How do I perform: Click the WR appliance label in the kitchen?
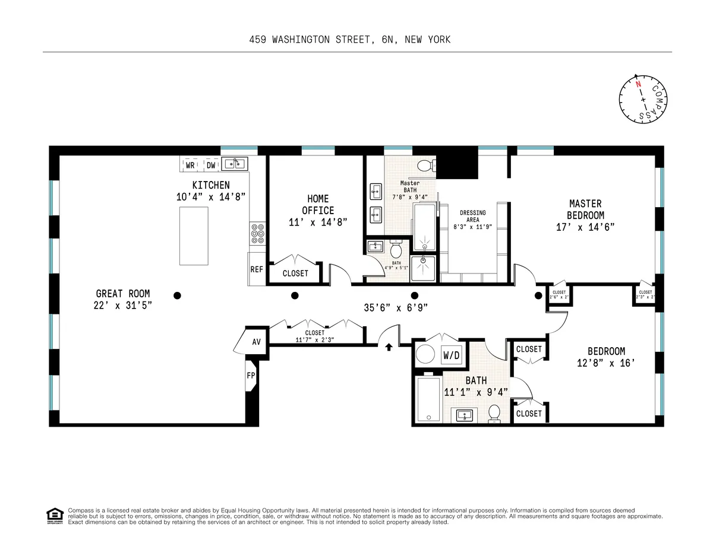click(x=191, y=164)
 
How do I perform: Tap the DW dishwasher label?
click(x=210, y=164)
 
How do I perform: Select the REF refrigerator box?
click(x=257, y=269)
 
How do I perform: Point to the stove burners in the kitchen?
click(x=258, y=233)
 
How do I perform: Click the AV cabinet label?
click(x=257, y=342)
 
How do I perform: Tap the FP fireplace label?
click(x=250, y=376)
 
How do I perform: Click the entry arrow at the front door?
click(x=389, y=346)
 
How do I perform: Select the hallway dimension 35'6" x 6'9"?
click(x=396, y=307)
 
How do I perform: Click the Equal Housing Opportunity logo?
click(x=55, y=516)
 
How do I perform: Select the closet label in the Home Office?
click(x=295, y=273)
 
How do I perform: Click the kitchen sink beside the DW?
click(x=235, y=163)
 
